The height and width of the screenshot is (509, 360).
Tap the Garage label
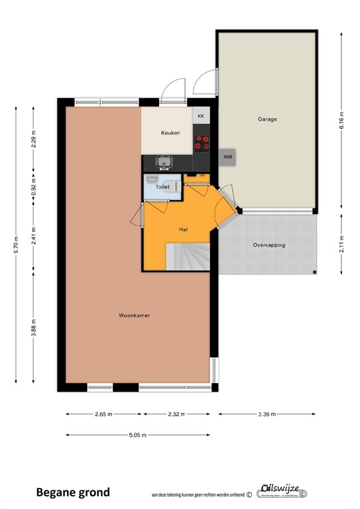(x=267, y=119)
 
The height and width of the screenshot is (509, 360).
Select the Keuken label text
(x=170, y=133)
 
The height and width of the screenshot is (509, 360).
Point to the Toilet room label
(x=162, y=187)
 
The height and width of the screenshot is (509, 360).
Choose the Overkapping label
(x=269, y=245)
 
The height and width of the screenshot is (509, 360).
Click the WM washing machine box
(x=227, y=156)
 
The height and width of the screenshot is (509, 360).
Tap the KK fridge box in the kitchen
(x=202, y=116)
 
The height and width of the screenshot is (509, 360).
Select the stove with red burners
(x=202, y=142)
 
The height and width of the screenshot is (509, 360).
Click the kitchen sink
(x=163, y=161)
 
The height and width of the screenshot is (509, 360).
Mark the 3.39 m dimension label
(x=267, y=414)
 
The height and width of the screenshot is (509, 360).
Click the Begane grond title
(x=73, y=492)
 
